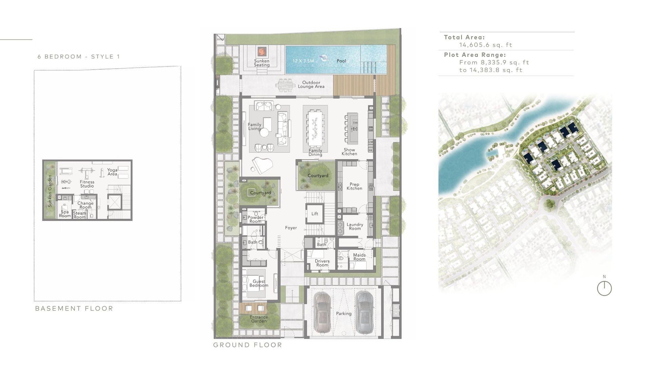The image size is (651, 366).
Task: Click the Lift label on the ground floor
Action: click(x=315, y=214)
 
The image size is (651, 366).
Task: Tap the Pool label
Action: click(x=341, y=61)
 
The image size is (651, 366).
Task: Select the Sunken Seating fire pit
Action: click(x=261, y=52)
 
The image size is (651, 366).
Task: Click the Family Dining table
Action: click(x=315, y=127)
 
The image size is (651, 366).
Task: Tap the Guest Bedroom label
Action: click(x=259, y=283)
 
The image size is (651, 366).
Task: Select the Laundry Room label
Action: click(x=355, y=226)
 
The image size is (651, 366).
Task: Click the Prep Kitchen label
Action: click(x=354, y=186)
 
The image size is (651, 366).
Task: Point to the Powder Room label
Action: click(x=255, y=219)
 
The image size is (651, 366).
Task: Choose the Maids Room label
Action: click(x=359, y=257)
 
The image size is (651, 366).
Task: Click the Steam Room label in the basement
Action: click(x=80, y=215)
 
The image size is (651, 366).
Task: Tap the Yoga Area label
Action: click(x=112, y=172)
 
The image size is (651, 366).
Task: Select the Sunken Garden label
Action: click(x=50, y=191)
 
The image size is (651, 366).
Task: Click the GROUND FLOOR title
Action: click(x=248, y=345)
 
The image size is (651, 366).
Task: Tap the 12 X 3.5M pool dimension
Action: click(x=303, y=61)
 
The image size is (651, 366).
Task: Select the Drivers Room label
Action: click(x=322, y=263)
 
